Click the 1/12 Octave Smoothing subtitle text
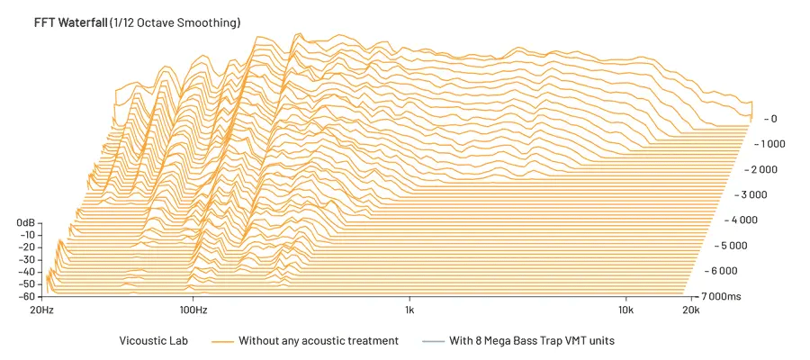(x=175, y=22)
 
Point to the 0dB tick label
(x=25, y=222)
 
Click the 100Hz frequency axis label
(x=193, y=310)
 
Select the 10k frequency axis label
(x=626, y=310)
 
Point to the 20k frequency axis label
(x=689, y=310)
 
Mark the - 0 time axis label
(x=769, y=119)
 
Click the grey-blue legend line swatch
(x=434, y=341)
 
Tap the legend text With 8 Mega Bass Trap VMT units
(x=532, y=341)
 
